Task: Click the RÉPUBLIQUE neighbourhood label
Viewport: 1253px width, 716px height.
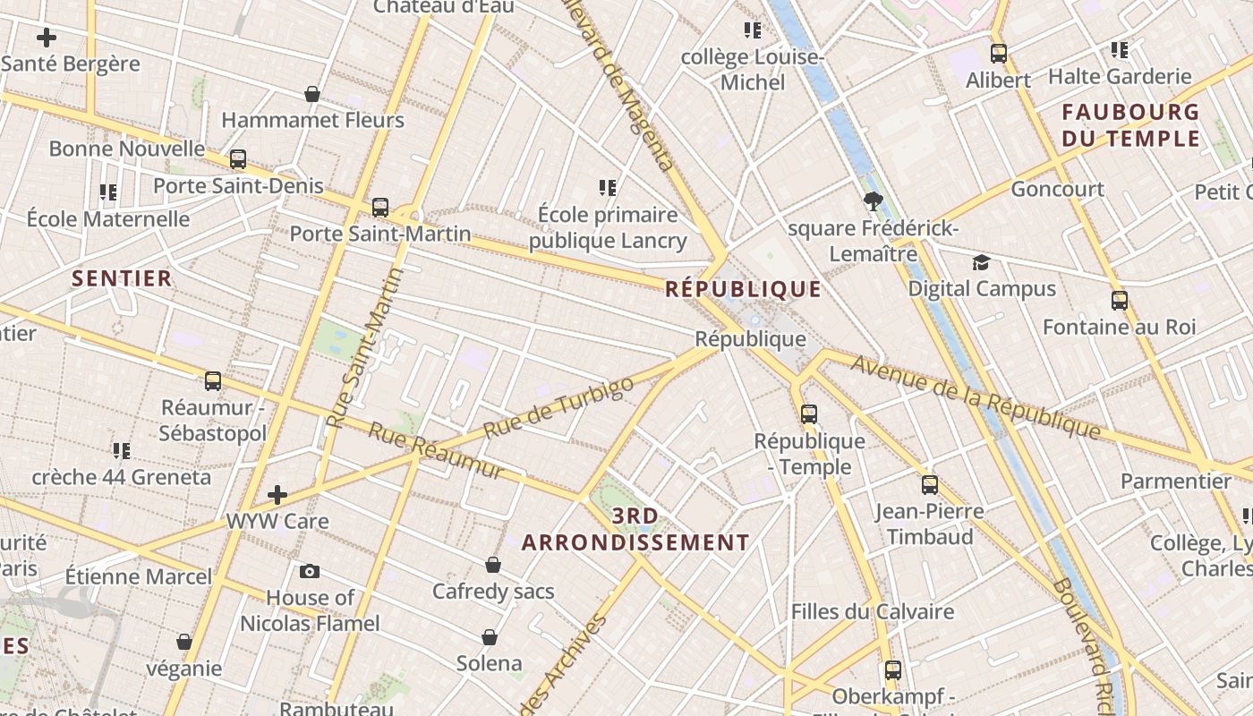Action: [x=743, y=288]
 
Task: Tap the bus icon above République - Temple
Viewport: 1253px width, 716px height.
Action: [x=809, y=413]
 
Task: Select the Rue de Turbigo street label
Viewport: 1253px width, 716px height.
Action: [x=558, y=407]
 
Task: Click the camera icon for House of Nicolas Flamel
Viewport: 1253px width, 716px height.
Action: [x=310, y=571]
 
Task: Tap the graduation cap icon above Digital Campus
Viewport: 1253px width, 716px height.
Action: [x=982, y=262]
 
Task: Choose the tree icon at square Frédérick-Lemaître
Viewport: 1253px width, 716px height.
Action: [x=874, y=200]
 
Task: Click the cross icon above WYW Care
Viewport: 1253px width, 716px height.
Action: [x=277, y=494]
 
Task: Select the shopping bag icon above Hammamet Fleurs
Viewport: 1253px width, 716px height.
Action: [x=312, y=94]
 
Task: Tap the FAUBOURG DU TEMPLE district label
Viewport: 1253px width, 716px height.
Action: [x=1130, y=125]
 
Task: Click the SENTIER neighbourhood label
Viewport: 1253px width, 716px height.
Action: [x=122, y=278]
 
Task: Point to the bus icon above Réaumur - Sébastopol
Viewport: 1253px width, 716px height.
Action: [x=213, y=380]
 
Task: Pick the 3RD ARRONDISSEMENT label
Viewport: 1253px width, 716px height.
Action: [x=635, y=529]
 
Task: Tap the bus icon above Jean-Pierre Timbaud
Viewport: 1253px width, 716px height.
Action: [x=930, y=485]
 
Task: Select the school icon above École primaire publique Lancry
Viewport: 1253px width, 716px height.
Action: [x=608, y=188]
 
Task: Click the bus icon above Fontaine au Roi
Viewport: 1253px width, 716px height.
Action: [x=1119, y=300]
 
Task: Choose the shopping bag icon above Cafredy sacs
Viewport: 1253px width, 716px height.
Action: [x=493, y=565]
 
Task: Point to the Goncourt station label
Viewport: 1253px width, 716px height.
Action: [x=1057, y=189]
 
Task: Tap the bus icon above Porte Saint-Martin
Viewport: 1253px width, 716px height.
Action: [x=380, y=208]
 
